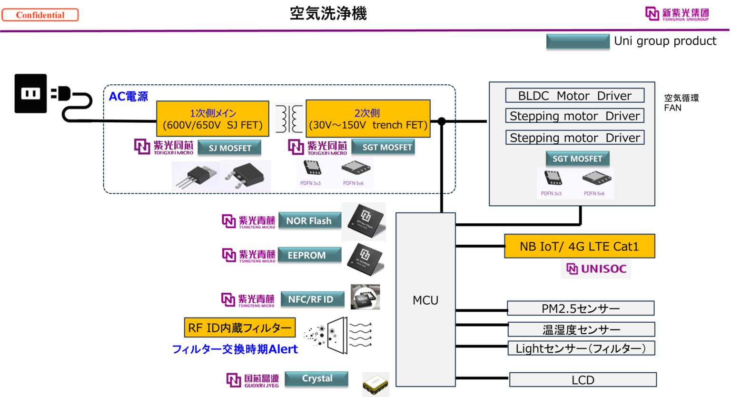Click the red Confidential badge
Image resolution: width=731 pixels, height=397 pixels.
[40, 15]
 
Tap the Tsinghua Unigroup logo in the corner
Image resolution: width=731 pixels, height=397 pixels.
[678, 14]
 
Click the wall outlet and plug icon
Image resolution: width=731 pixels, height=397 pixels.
[53, 97]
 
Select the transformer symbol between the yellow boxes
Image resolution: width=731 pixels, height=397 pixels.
[289, 119]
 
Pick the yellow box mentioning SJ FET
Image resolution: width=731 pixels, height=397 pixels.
[213, 119]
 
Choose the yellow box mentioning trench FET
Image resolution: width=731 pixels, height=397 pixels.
[368, 119]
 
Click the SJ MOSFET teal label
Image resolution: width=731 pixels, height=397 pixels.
[229, 148]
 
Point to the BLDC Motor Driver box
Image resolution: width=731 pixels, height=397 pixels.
[574, 96]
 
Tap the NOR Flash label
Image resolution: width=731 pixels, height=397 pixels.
[309, 221]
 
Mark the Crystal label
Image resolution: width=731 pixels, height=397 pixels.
[316, 379]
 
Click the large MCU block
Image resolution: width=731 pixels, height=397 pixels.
[425, 300]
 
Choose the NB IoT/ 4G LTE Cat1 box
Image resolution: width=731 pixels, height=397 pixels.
[579, 246]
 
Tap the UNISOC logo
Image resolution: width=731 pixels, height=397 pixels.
[596, 269]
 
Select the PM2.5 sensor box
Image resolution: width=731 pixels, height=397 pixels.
[581, 308]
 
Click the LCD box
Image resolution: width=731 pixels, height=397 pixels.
[583, 380]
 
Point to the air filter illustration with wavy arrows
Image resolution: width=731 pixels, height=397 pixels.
[337, 333]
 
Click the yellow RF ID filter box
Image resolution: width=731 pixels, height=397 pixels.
[239, 328]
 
